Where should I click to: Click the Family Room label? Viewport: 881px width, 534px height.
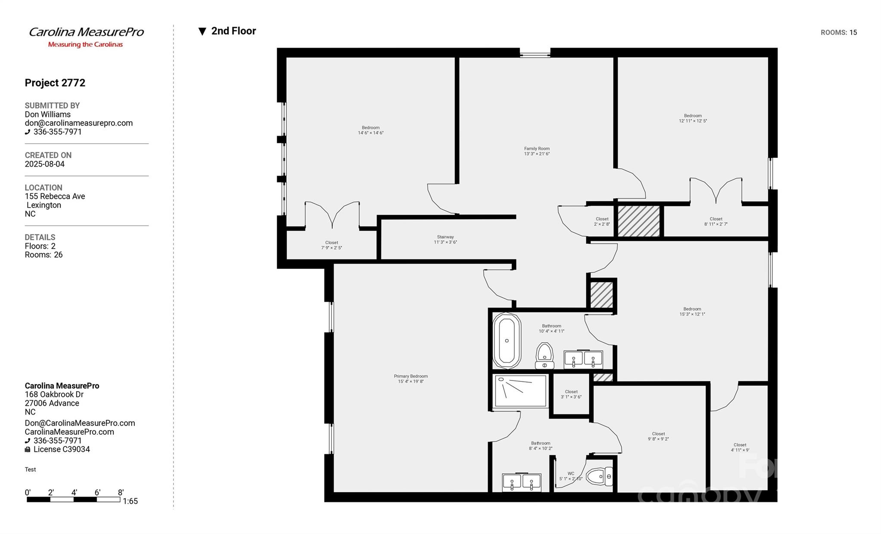537,151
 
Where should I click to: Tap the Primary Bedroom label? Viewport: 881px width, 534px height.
411,378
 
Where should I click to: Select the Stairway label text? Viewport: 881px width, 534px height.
445,239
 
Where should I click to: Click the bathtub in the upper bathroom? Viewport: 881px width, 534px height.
507,341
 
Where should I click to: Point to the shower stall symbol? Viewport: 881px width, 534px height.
520,391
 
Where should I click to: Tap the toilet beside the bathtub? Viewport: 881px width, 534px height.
544,355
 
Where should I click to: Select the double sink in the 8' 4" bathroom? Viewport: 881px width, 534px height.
521,482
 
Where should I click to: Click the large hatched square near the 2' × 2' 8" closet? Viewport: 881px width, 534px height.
639,221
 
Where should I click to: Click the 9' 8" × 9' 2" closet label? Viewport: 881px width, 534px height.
658,436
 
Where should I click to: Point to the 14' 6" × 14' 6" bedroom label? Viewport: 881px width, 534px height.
371,130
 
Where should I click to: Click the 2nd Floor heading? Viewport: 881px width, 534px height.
233,31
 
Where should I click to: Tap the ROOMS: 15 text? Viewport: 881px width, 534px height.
838,33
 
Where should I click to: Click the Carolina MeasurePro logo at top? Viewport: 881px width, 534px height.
86,37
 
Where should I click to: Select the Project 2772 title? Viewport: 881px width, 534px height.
55,83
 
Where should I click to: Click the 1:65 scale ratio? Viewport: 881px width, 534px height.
130,501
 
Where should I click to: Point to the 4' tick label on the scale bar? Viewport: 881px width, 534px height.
74,493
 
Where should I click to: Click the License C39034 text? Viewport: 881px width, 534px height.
62,449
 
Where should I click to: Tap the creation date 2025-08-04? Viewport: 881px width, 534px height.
45,164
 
